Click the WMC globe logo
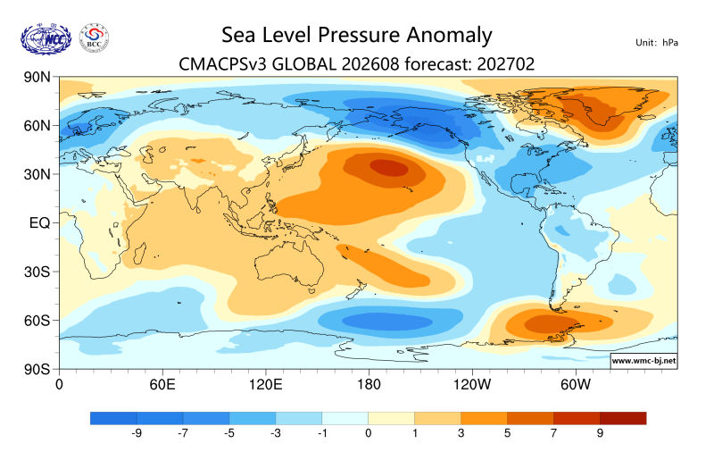click(x=46, y=39)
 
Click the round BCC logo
click(x=95, y=38)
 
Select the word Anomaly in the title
click(x=449, y=36)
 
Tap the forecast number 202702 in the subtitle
click(x=505, y=64)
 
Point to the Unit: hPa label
click(x=657, y=43)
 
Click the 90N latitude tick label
click(x=37, y=77)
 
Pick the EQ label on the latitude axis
click(x=39, y=223)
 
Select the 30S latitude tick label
click(x=37, y=272)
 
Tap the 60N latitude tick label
click(x=37, y=126)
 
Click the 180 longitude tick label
click(x=369, y=385)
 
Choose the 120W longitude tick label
click(x=472, y=385)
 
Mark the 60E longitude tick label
click(x=162, y=385)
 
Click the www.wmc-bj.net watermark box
click(x=643, y=361)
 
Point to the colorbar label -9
click(x=137, y=433)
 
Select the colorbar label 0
click(x=369, y=433)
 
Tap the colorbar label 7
click(x=553, y=433)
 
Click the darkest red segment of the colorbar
click(x=623, y=418)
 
